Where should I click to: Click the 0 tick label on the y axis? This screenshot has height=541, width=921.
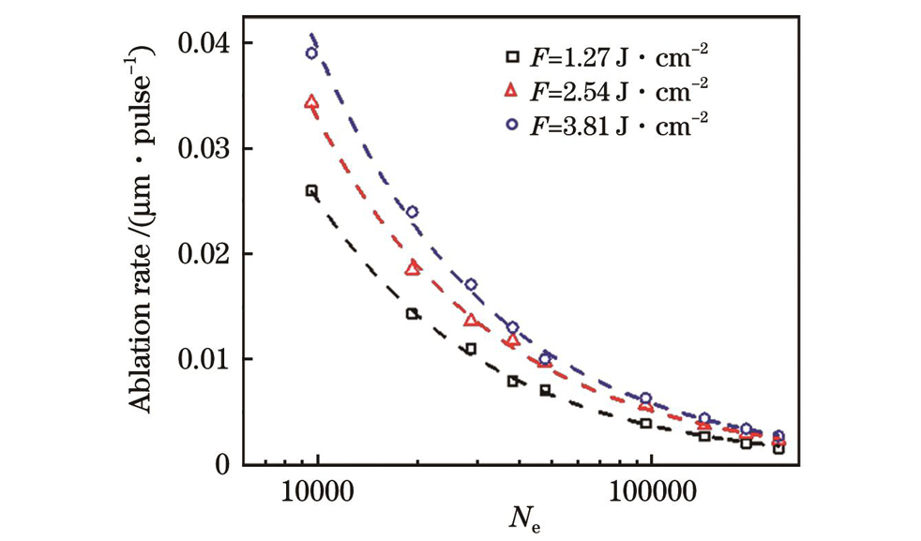pos(223,464)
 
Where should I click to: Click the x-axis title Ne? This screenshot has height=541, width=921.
pos(521,518)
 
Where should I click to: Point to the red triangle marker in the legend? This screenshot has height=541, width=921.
pos(508,90)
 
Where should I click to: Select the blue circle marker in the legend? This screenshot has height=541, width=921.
pos(508,124)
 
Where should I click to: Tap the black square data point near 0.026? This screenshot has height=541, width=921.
pos(311,191)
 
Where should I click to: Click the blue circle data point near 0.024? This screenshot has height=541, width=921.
pos(412,212)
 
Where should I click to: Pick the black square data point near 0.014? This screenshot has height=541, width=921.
pos(412,314)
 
